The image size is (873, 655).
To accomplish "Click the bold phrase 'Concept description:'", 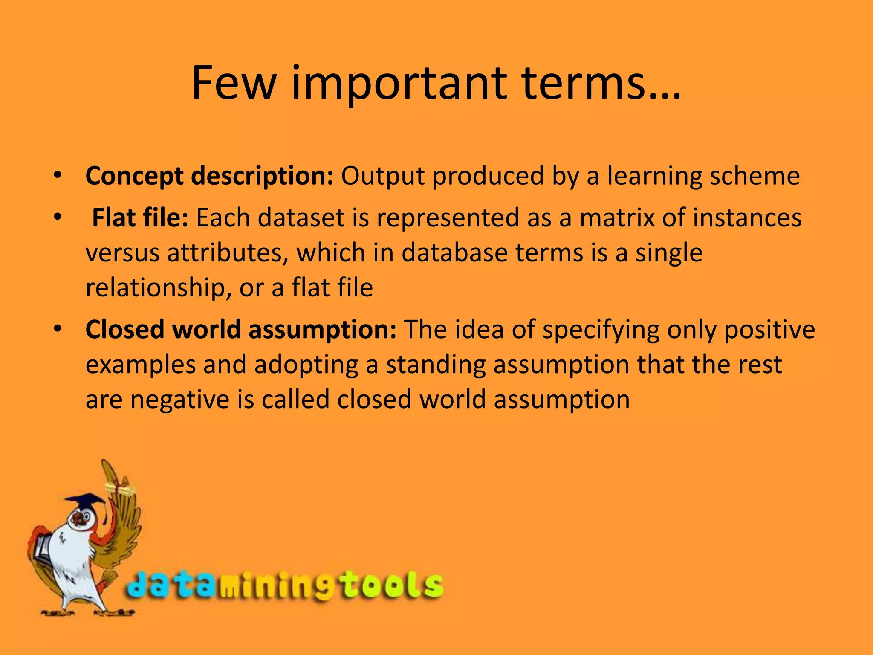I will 209,176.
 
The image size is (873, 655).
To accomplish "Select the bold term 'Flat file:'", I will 140,217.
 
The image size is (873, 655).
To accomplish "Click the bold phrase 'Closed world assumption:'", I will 241,329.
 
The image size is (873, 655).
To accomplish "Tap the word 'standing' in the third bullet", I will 436,365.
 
